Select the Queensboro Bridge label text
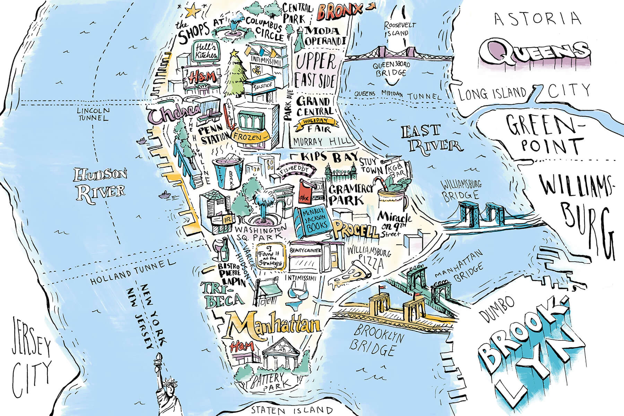(x=389, y=69)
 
